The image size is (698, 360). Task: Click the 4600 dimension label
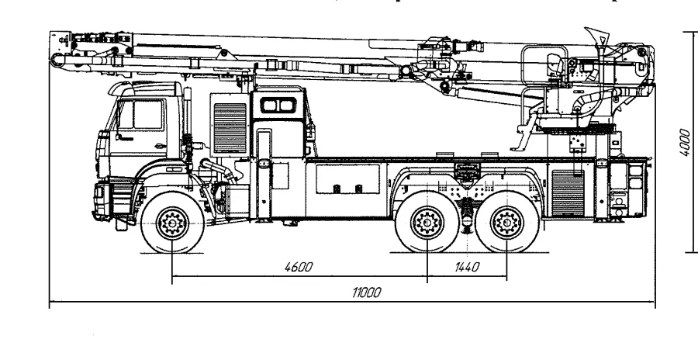tap(298, 267)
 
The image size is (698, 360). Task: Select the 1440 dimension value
tap(466, 267)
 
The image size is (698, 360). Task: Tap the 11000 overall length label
tap(362, 292)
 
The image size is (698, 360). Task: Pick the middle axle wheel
tap(427, 225)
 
